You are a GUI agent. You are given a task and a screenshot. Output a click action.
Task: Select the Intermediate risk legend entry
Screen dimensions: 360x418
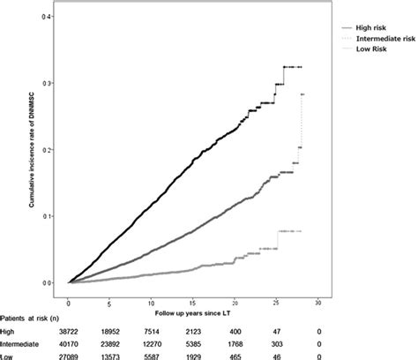click(x=377, y=39)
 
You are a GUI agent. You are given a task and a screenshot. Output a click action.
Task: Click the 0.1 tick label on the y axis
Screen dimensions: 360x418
click(x=55, y=216)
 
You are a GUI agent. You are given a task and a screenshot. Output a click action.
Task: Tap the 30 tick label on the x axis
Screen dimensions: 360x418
click(x=317, y=302)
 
